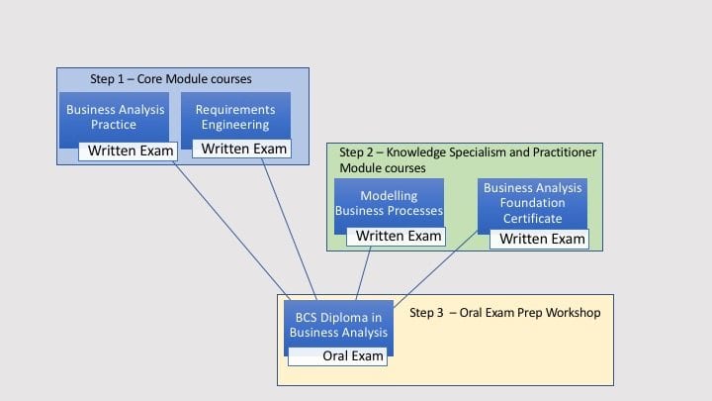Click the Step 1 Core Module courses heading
pos(171,79)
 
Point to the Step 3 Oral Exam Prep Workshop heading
pos(505,313)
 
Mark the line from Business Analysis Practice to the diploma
pos(231,231)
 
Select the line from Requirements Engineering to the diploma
pos(289,229)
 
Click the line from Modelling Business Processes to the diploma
pos(363,273)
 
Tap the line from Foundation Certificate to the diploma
pos(435,269)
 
